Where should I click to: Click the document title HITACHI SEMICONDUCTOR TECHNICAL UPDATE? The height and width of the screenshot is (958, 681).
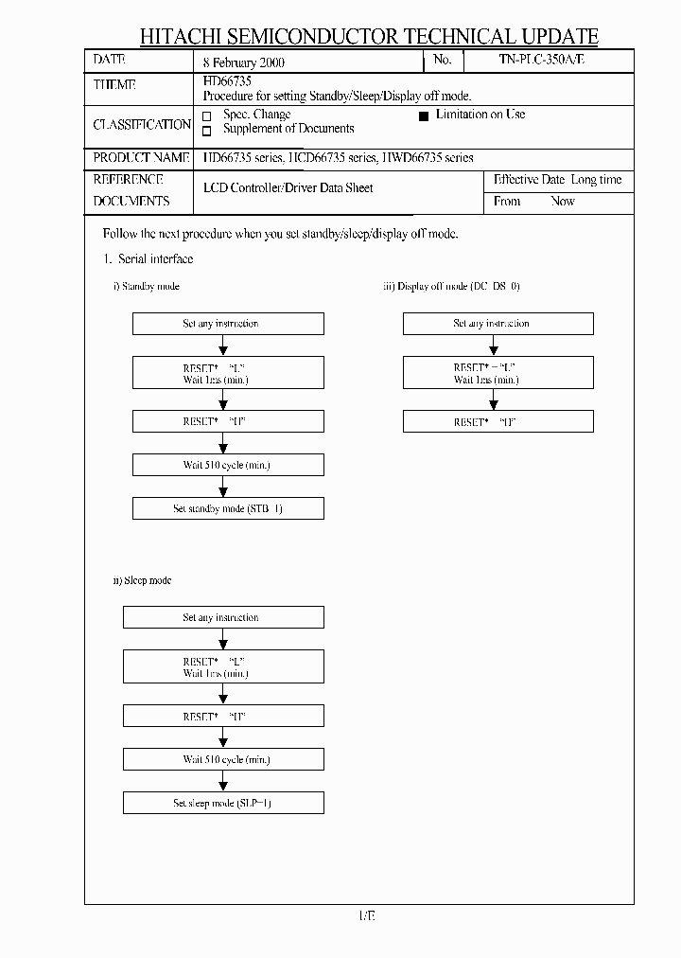tap(369, 37)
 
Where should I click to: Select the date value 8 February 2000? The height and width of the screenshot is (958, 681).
tap(244, 62)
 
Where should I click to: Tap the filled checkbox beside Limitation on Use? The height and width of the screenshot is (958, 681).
tap(424, 115)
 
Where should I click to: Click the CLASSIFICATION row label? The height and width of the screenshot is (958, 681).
tap(142, 125)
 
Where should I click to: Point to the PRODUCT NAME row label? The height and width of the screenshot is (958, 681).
tap(141, 157)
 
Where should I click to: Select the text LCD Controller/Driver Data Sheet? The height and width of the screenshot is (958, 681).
tap(288, 188)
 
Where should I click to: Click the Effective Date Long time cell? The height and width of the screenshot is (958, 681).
tap(558, 180)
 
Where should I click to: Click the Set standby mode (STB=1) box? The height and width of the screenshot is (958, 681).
tap(228, 508)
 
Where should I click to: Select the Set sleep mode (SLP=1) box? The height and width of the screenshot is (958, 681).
tap(223, 803)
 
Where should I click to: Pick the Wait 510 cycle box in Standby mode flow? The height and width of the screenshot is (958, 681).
tap(228, 465)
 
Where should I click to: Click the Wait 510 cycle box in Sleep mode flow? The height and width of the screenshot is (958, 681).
tap(223, 759)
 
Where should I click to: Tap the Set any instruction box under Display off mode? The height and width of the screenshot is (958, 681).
tap(498, 324)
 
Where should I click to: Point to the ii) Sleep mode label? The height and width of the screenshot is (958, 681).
tap(142, 580)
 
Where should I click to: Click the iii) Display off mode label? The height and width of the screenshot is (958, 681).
tap(451, 286)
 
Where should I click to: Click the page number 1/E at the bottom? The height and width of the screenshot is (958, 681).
tap(368, 915)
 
